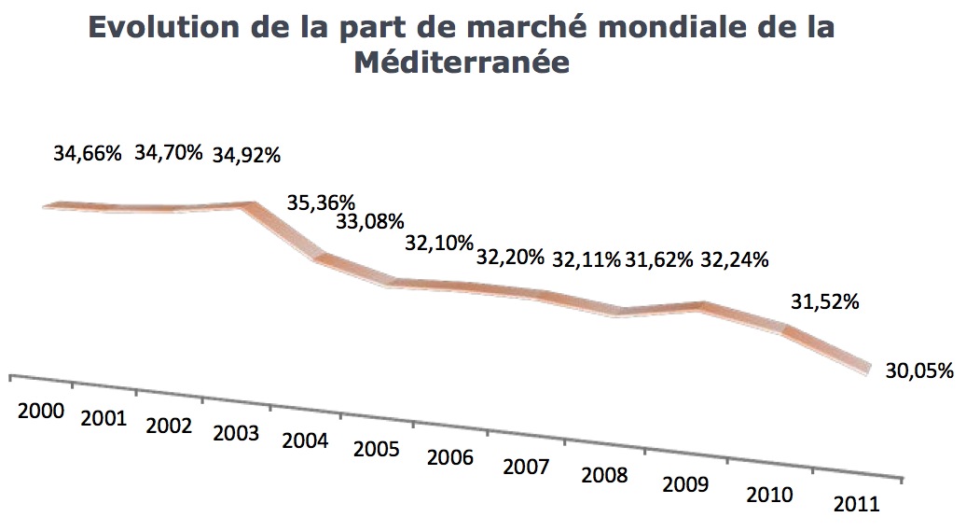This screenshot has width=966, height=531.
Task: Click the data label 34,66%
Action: coord(88,153)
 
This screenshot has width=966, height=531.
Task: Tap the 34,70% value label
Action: coord(169,152)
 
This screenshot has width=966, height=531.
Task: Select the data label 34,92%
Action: coord(247,155)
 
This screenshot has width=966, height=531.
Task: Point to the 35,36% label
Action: coord(321,202)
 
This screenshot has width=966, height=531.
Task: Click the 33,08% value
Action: coord(370,221)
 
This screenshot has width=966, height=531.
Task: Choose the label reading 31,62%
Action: coord(659,259)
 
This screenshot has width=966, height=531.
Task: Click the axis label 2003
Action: coord(237,433)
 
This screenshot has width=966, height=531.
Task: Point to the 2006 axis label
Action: coord(450,457)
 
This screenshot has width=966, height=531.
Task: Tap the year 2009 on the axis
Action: coord(685,484)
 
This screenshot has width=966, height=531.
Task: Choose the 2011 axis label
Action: coord(856,504)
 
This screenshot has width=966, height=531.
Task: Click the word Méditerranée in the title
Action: coord(462,63)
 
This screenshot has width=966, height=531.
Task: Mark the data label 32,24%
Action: coord(734,259)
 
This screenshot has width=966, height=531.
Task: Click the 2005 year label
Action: coord(377,449)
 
